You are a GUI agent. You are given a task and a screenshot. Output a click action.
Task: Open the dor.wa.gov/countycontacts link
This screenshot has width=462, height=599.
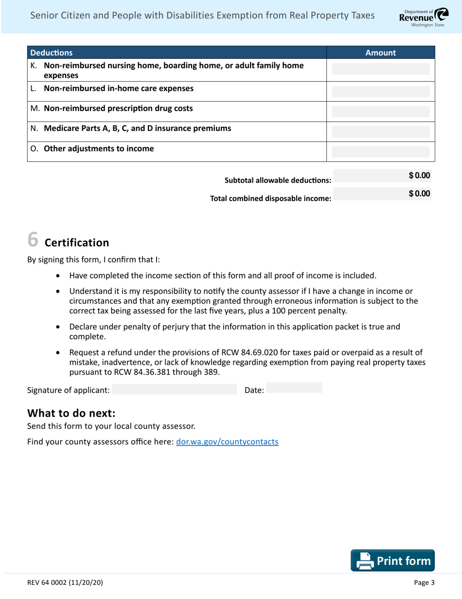227,442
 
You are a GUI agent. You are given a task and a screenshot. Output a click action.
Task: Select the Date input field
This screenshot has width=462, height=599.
294,388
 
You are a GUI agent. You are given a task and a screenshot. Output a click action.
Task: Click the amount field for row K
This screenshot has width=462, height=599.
380,69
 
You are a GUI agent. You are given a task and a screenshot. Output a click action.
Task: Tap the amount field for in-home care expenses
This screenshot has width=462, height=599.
380,91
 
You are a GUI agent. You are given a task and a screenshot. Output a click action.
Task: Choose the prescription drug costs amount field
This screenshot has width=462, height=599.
380,111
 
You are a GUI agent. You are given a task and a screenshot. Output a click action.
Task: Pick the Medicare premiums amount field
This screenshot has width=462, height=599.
380,131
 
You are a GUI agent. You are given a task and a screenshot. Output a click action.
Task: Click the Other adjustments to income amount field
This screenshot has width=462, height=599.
380,151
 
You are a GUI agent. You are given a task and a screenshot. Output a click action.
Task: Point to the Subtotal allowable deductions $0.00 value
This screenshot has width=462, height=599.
419,175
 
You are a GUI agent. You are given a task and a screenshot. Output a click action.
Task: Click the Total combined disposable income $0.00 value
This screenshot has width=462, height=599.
419,194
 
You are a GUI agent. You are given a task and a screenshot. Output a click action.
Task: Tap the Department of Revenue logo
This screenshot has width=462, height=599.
421,17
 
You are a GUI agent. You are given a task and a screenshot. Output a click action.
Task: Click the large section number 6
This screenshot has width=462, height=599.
33,239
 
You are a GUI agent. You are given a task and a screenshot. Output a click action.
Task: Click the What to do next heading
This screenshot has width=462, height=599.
71,413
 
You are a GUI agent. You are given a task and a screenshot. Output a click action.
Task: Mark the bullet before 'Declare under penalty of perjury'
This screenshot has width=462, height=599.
59,328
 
